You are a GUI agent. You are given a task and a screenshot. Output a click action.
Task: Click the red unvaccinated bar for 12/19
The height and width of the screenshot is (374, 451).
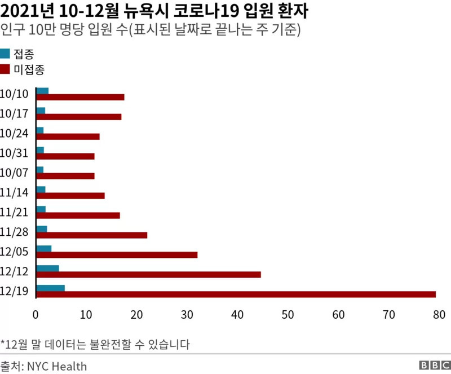236,294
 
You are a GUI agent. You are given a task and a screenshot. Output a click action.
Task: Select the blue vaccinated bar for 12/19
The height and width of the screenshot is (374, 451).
50,288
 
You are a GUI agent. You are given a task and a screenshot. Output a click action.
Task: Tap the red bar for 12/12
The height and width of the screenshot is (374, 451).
148,274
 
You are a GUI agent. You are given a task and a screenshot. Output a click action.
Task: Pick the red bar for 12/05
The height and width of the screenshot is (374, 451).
117,254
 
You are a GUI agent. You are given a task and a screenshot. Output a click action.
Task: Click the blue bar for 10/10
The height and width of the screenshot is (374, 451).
42,91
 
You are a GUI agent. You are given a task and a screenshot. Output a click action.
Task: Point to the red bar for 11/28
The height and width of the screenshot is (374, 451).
91,235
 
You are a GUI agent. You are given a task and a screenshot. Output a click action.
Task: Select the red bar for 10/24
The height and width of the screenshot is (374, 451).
68,137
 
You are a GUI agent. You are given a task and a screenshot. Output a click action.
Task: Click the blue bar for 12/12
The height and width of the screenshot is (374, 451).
47,268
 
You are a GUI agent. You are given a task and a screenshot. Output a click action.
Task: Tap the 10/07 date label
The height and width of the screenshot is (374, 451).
14,172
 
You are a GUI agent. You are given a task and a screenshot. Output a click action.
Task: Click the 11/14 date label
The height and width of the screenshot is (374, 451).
14,192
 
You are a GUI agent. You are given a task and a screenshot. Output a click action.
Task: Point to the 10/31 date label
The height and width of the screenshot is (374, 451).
14,152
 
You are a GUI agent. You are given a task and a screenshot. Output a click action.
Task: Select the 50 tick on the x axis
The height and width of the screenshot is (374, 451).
288,314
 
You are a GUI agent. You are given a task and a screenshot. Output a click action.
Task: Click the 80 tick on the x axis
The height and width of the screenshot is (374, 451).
439,314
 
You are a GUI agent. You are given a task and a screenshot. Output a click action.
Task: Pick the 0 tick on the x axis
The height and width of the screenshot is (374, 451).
36,314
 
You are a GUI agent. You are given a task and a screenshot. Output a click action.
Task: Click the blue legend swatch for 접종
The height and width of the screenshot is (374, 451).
6,54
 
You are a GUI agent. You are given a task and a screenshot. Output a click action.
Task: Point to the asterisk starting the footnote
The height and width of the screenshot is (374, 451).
2,343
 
